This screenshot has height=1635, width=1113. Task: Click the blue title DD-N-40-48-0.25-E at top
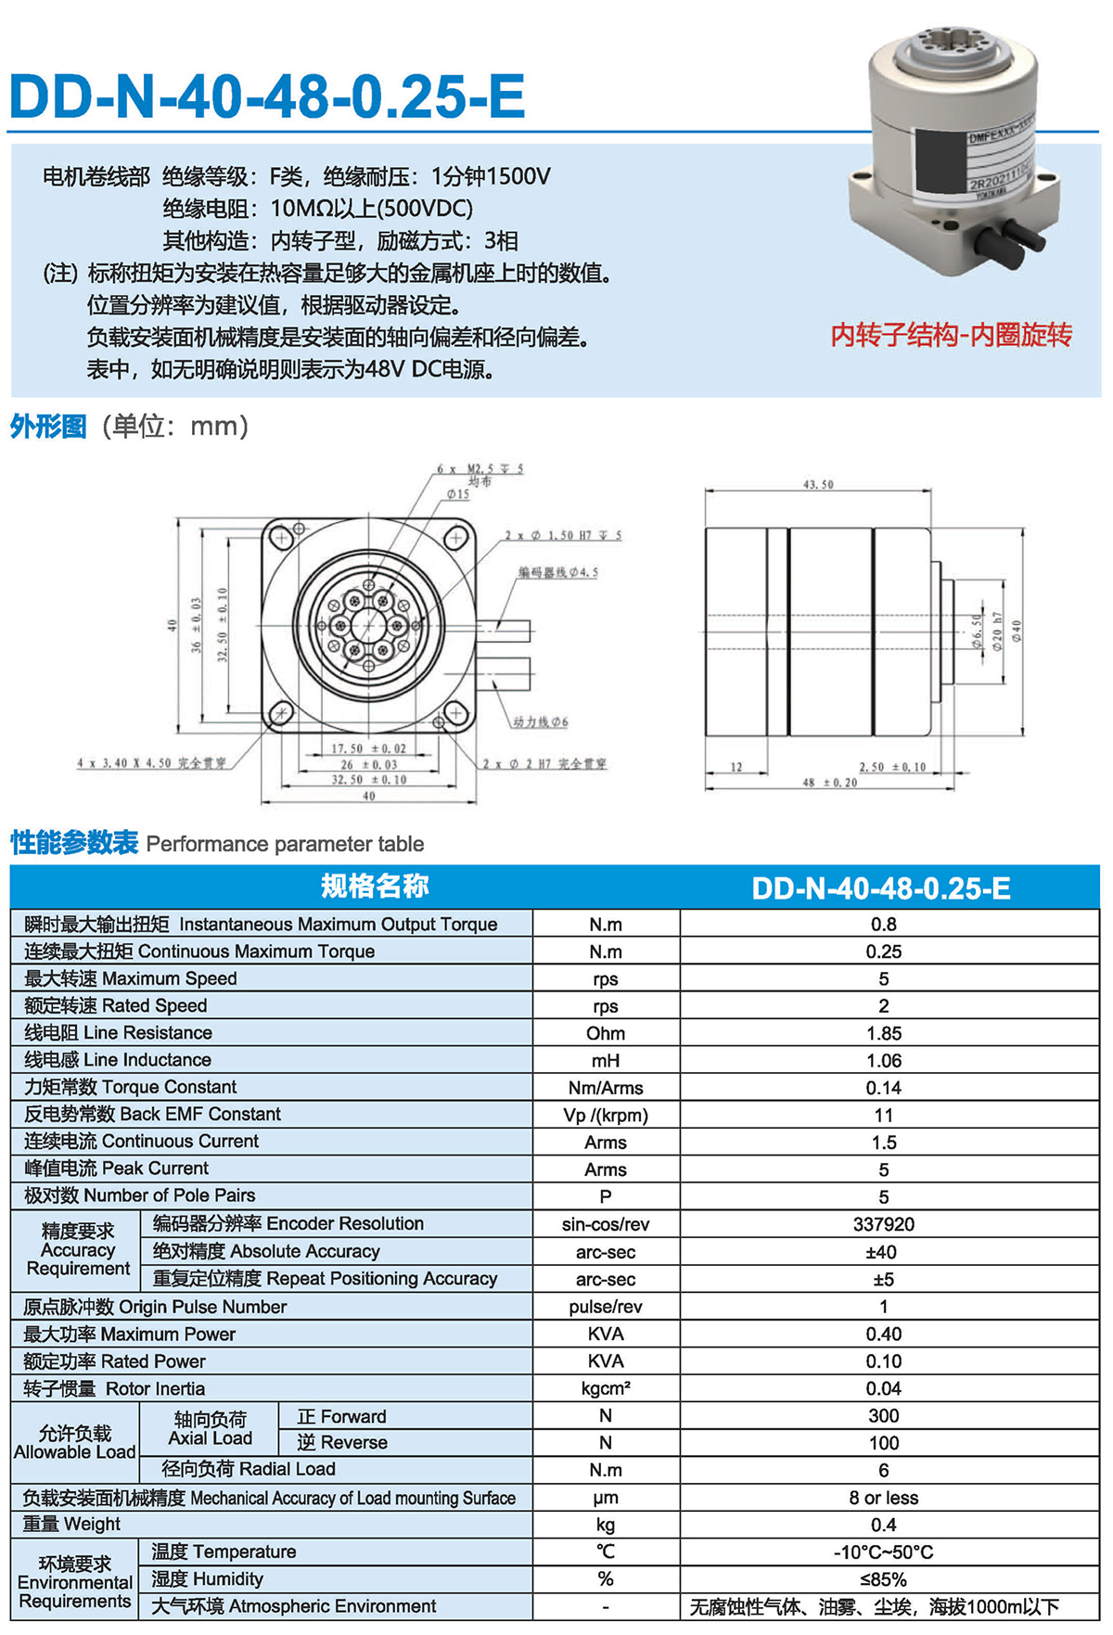(267, 96)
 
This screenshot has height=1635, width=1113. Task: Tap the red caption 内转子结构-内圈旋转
(951, 335)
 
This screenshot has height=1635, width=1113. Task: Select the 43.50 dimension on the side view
(818, 484)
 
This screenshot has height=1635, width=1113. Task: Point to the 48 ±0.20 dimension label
(830, 783)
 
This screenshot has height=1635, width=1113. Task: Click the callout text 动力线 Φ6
(541, 722)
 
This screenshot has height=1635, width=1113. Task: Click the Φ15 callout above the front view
(458, 494)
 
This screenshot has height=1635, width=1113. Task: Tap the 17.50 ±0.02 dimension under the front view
(368, 748)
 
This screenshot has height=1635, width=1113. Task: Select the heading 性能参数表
(74, 843)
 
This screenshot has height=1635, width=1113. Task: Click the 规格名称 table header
(375, 887)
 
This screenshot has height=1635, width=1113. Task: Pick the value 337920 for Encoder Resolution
(883, 1224)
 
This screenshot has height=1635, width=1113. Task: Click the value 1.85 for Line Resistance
(883, 1033)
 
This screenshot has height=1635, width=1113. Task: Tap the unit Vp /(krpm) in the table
(606, 1115)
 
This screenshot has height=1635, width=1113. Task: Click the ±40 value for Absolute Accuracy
(881, 1252)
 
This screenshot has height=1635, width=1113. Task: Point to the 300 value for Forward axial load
(883, 1415)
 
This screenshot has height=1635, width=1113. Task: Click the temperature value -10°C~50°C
(883, 1552)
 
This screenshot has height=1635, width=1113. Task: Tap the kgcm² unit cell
(606, 1388)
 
